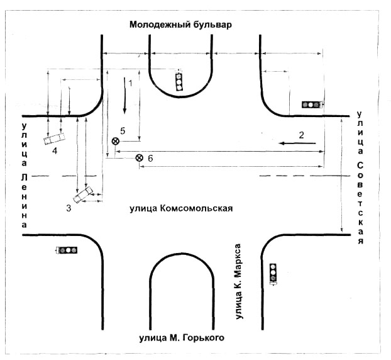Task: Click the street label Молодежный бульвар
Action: click(180, 25)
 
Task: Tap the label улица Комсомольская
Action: click(181, 208)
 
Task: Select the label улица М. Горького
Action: click(182, 338)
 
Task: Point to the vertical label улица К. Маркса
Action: click(238, 281)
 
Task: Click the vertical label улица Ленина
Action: click(24, 176)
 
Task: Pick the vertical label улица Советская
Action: click(360, 177)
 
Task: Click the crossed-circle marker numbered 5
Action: click(115, 142)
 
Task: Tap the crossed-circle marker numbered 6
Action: click(140, 158)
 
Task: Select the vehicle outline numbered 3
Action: click(83, 194)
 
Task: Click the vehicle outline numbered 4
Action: click(55, 139)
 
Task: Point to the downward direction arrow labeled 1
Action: click(124, 96)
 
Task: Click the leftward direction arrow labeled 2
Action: click(297, 143)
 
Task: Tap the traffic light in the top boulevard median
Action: click(179, 81)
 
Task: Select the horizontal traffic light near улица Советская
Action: click(312, 104)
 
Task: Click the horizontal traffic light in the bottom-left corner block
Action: click(67, 250)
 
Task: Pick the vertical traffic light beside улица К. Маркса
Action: click(273, 274)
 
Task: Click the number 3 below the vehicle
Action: click(69, 208)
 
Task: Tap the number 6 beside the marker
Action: click(150, 158)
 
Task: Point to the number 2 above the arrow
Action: click(302, 135)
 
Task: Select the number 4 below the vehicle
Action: click(55, 151)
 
